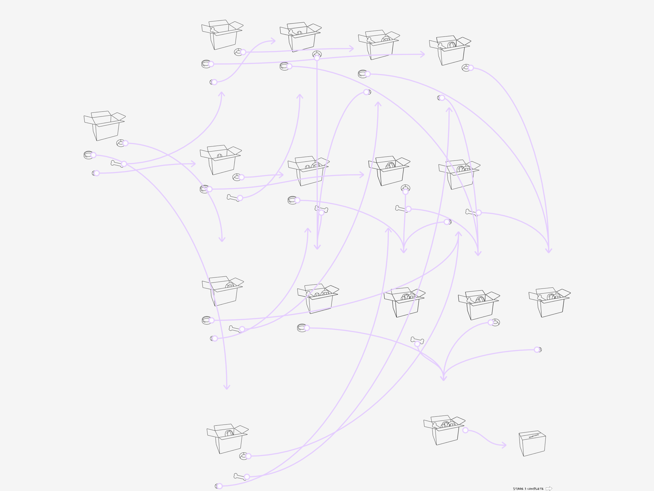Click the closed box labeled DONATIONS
(x=532, y=444)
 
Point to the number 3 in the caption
(x=525, y=489)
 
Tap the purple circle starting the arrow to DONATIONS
(x=465, y=430)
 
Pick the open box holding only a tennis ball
(x=220, y=160)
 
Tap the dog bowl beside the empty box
(x=88, y=155)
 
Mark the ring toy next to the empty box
(x=121, y=143)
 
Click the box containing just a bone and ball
(x=300, y=37)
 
